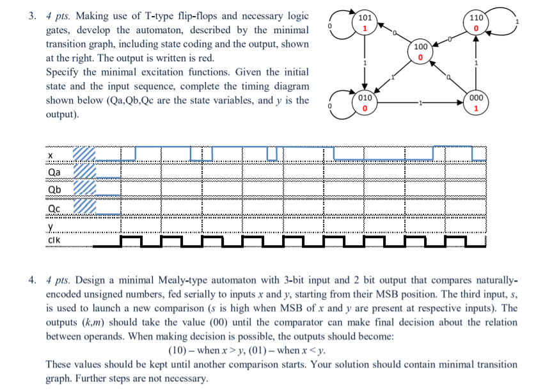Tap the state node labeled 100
pyautogui.click(x=420, y=53)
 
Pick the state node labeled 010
pyautogui.click(x=365, y=104)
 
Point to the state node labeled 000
pyautogui.click(x=476, y=104)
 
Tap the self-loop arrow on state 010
pyautogui.click(x=339, y=104)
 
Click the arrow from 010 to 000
pyautogui.click(x=420, y=103)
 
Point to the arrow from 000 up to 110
pyautogui.click(x=476, y=64)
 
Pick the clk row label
pyautogui.click(x=54, y=240)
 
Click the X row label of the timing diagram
pyautogui.click(x=51, y=155)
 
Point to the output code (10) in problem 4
pyautogui.click(x=179, y=350)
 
